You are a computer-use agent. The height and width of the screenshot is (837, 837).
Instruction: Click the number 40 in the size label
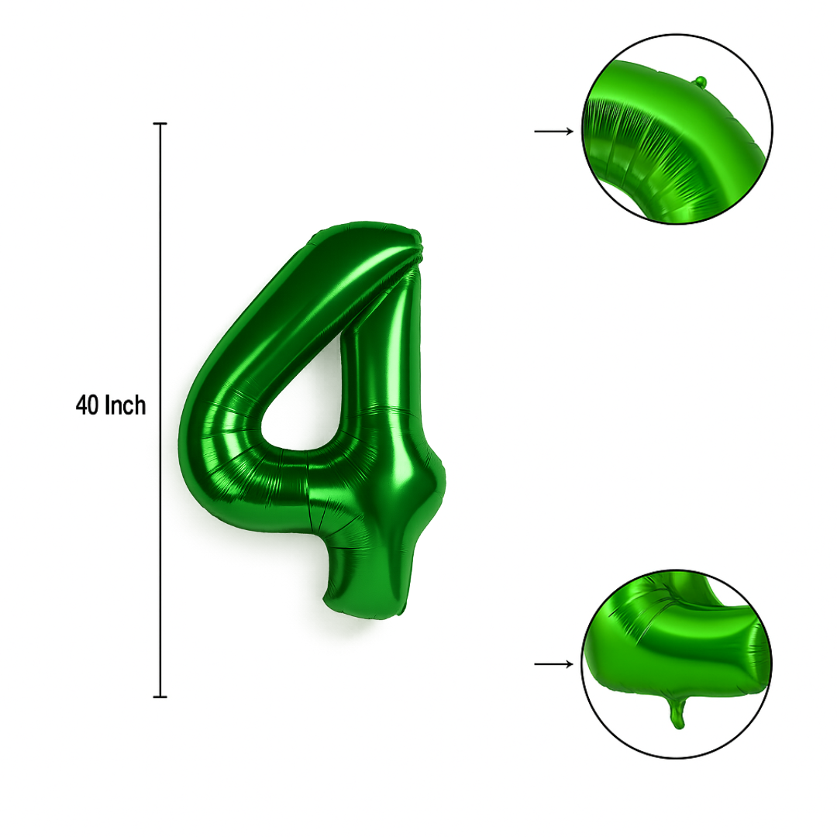point(87,405)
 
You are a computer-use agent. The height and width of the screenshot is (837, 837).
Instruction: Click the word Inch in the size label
point(125,405)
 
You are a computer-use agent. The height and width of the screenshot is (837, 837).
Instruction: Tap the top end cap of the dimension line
point(160,124)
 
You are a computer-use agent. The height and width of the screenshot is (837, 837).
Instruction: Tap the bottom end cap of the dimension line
point(160,697)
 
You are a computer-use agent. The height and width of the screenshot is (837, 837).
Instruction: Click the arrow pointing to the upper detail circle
point(553,131)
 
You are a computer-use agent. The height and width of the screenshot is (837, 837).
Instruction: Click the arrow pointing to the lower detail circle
point(553,664)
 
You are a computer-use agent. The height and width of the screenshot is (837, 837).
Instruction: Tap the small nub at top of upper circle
point(701,82)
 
